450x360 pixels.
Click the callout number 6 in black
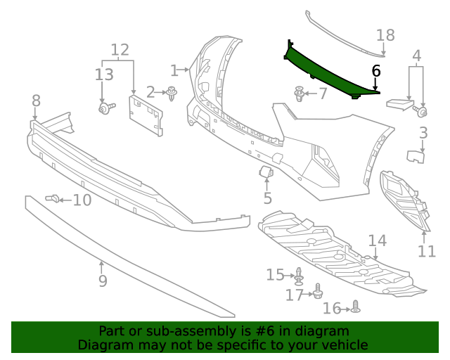pyautogui.click(x=375, y=70)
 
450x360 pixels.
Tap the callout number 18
pyautogui.click(x=385, y=35)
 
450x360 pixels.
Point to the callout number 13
pyautogui.click(x=103, y=75)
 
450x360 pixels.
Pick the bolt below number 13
pyautogui.click(x=106, y=108)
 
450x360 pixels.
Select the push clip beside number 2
pyautogui.click(x=171, y=92)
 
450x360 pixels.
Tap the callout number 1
pyautogui.click(x=174, y=70)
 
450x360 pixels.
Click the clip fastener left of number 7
pyautogui.click(x=300, y=94)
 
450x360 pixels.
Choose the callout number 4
pyautogui.click(x=416, y=56)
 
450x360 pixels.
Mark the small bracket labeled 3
pyautogui.click(x=416, y=156)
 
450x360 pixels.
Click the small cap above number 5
pyautogui.click(x=266, y=171)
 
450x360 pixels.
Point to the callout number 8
pyautogui.click(x=36, y=103)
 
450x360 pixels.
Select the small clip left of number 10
pyautogui.click(x=51, y=199)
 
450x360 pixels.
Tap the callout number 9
pyautogui.click(x=103, y=281)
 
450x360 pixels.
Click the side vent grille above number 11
pyautogui.click(x=404, y=198)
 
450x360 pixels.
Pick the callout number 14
pyautogui.click(x=377, y=240)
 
